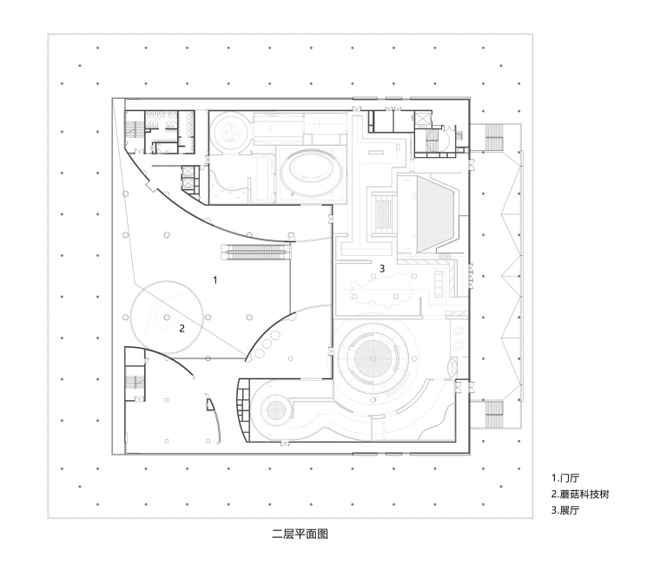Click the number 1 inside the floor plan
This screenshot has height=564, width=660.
pos(214,279)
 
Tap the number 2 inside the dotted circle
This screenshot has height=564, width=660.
pos(181,327)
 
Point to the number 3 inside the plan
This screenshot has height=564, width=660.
pos(381,268)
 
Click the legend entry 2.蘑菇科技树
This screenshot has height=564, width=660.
pos(581,495)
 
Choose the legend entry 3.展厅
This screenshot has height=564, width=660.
pos(565,511)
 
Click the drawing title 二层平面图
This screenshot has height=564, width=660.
pos(300,534)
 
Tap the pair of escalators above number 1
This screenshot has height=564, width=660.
pos(255,252)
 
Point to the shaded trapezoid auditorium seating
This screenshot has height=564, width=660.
pos(437,211)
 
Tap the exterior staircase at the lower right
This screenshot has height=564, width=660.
pos(493,411)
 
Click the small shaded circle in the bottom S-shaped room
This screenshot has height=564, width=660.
pos(277,410)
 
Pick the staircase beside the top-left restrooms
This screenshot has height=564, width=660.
pos(134,128)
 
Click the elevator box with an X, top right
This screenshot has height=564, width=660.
pos(425,121)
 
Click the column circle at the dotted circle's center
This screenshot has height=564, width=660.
pos(167,318)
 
